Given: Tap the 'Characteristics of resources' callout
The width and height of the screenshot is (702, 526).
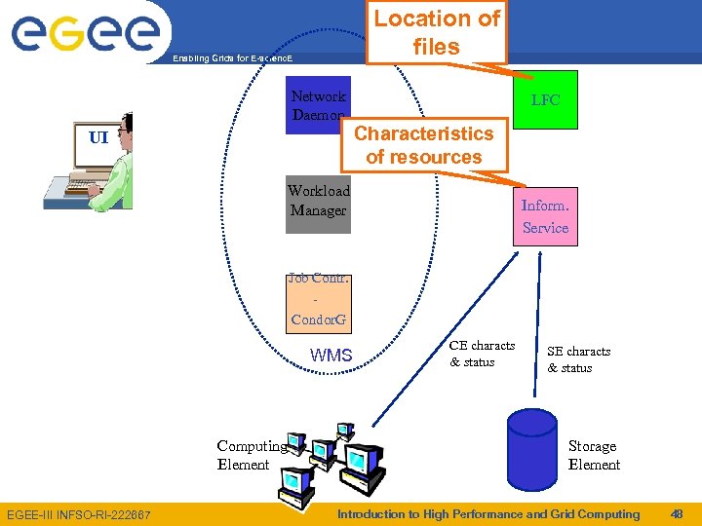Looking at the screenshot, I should pyautogui.click(x=423, y=145).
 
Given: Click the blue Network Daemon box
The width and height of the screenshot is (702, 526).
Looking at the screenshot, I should pyautogui.click(x=317, y=105).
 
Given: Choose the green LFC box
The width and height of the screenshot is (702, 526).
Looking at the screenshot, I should pyautogui.click(x=545, y=100).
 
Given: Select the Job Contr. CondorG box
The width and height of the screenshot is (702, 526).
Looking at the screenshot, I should pyautogui.click(x=319, y=299).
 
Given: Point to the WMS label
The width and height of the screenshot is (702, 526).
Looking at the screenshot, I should pyautogui.click(x=331, y=356).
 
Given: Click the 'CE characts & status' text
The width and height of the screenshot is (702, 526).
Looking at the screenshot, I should pyautogui.click(x=482, y=354).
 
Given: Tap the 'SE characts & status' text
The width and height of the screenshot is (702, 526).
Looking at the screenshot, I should pyautogui.click(x=578, y=359).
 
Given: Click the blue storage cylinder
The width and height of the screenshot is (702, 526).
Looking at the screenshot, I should pyautogui.click(x=531, y=449).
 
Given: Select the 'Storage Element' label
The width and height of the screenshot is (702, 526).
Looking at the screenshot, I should pyautogui.click(x=594, y=455).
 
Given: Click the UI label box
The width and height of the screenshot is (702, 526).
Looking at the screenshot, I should pyautogui.click(x=98, y=137).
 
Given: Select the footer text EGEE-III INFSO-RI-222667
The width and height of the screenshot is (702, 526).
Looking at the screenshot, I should pyautogui.click(x=79, y=514).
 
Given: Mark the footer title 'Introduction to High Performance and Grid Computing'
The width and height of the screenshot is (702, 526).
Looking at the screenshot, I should pyautogui.click(x=487, y=513).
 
